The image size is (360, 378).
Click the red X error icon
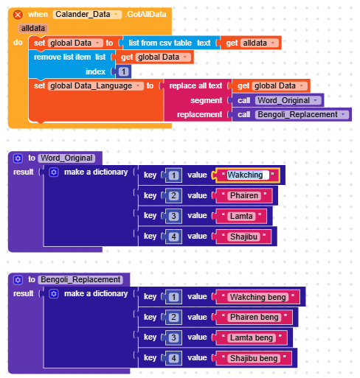[18, 15]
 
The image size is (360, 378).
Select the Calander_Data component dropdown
[87, 15]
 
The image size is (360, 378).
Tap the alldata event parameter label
[33, 29]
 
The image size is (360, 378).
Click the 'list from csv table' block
[160, 43]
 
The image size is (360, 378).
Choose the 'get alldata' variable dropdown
[259, 43]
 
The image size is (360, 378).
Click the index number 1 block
[123, 71]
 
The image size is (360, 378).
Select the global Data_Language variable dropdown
[96, 86]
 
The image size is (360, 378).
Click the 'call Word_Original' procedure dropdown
[288, 100]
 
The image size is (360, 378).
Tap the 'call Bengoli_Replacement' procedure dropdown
[302, 115]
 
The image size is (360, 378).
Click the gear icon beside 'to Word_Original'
[18, 158]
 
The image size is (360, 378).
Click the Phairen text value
[244, 196]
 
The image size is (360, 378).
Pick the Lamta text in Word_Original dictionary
[241, 216]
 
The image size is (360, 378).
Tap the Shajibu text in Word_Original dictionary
[243, 237]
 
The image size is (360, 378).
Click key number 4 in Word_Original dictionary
[173, 237]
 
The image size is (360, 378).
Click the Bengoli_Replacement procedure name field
[80, 280]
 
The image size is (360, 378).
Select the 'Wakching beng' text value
[258, 297]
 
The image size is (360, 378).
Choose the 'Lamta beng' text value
[252, 338]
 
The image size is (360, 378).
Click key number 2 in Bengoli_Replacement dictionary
[173, 318]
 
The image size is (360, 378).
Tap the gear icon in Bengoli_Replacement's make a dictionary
[54, 294]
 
